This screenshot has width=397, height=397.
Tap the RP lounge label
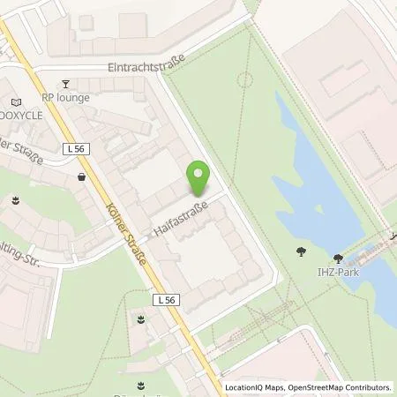65,97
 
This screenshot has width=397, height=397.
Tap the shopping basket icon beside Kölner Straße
82,176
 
